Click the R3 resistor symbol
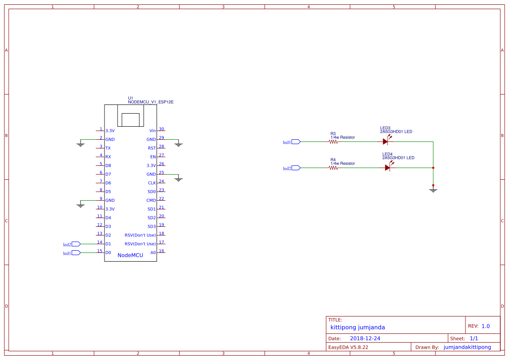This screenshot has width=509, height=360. (334, 141)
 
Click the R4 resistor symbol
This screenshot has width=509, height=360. (334, 168)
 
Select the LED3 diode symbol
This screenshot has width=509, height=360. (385, 141)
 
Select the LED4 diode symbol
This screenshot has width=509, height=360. (388, 168)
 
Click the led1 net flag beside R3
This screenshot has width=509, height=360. (296, 141)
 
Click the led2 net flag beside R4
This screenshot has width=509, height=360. (296, 168)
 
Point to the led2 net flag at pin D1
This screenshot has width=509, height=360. (76, 244)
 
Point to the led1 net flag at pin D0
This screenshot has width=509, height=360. (76, 252)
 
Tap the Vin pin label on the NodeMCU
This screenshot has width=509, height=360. (152, 131)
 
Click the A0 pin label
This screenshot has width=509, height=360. (153, 252)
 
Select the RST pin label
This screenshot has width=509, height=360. (152, 148)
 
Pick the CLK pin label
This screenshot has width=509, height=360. (152, 183)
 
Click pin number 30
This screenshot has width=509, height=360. (162, 129)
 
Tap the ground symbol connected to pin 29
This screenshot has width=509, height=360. (178, 144)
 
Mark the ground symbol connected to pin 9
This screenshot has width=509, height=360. (80, 205)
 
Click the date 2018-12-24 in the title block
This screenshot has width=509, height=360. (361, 338)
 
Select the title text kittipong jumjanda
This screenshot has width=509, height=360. (357, 327)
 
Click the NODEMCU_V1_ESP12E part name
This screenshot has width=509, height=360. (151, 102)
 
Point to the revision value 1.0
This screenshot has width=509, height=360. (485, 326)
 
